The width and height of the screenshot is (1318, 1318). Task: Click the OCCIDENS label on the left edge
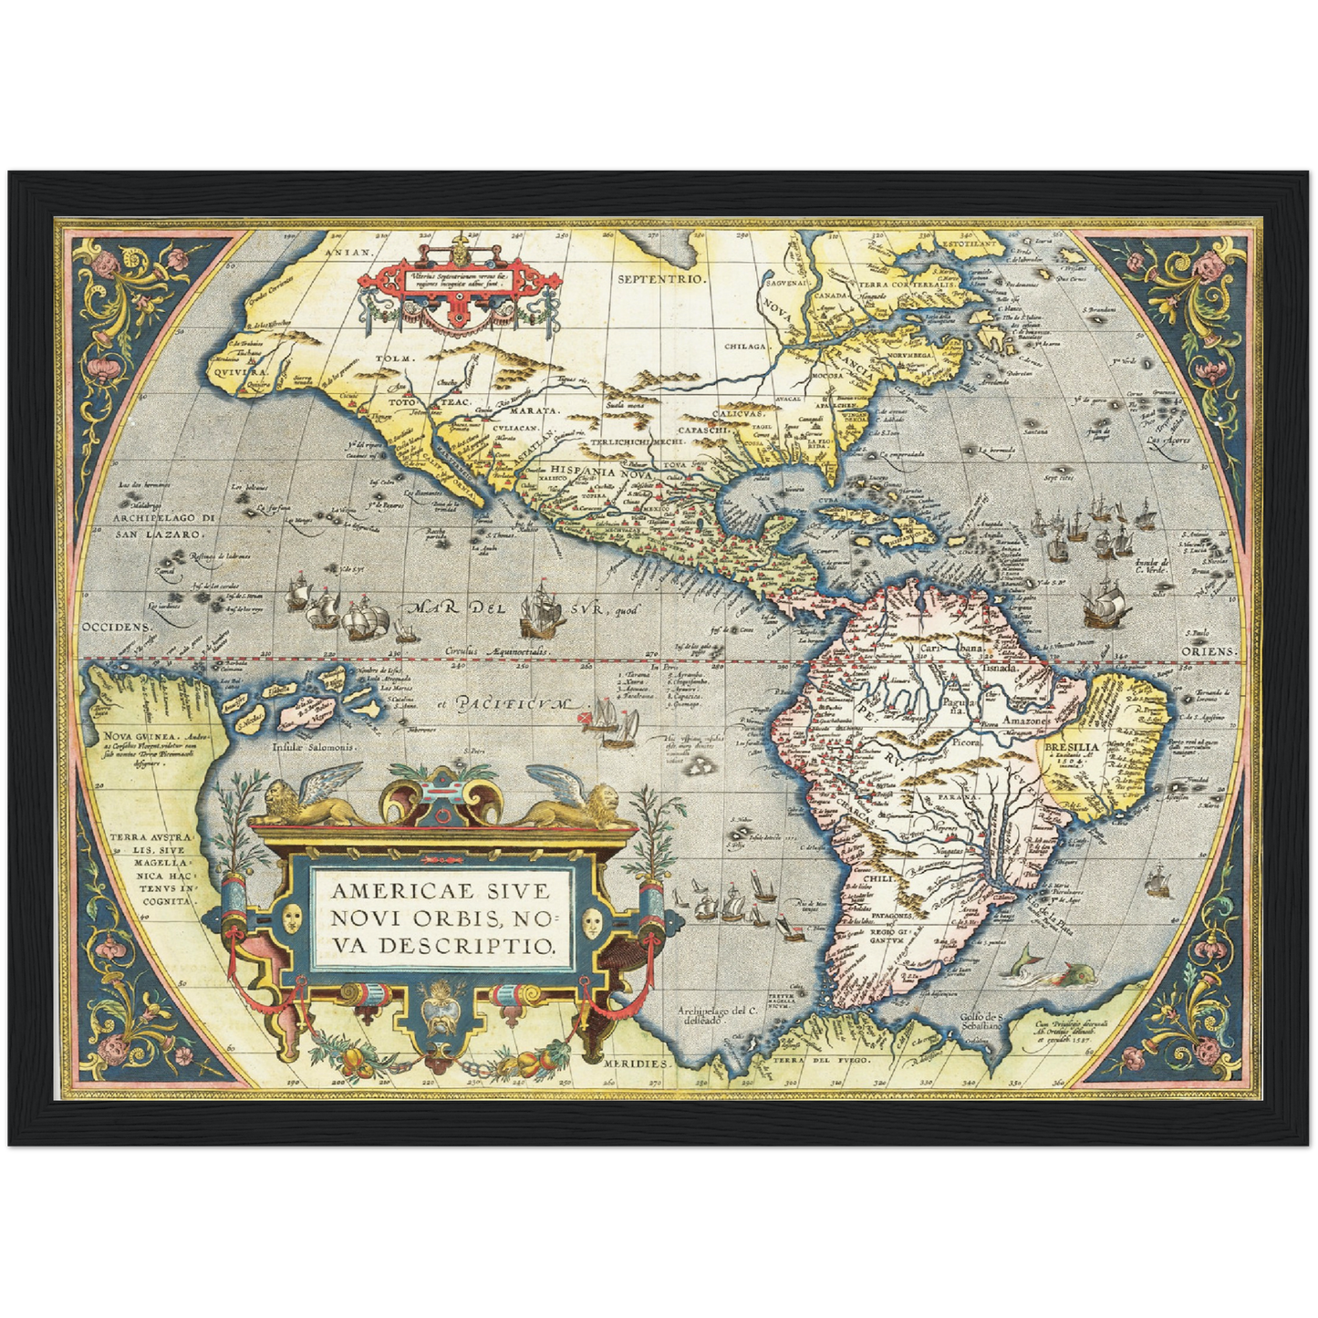pos(114,628)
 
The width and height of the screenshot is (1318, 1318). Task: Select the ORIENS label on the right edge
pos(1209,651)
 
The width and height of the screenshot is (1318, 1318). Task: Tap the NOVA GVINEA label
pos(130,737)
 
